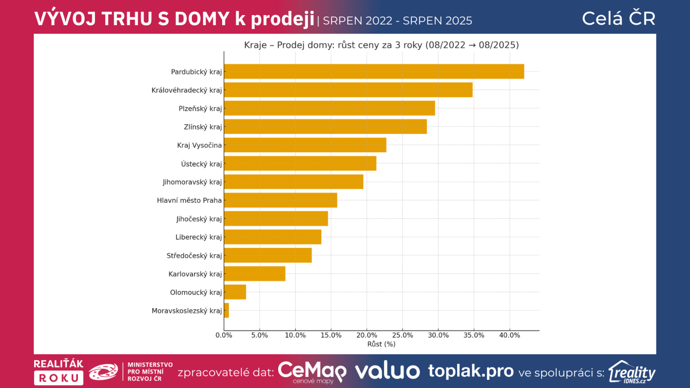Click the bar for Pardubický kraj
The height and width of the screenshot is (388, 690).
(374, 72)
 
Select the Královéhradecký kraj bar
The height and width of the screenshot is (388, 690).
(348, 90)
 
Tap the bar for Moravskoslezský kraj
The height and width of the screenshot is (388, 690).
(226, 310)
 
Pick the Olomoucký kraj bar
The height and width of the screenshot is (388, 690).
(235, 292)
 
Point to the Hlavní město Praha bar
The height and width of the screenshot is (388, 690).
(280, 200)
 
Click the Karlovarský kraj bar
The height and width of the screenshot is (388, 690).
(254, 274)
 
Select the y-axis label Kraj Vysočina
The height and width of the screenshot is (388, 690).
(199, 145)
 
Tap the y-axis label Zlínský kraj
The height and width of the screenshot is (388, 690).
(203, 127)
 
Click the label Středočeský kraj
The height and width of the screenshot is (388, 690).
(194, 256)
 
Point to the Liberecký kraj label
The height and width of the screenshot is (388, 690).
(198, 237)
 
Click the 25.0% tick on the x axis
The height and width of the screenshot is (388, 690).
(402, 335)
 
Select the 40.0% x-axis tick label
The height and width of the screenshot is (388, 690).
(509, 335)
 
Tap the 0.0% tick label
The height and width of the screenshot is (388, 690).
(224, 335)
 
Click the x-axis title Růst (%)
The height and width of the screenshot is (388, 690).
(381, 344)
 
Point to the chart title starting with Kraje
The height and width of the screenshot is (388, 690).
(381, 45)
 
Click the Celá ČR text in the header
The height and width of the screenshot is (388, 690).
(618, 19)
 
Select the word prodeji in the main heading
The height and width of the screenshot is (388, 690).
(282, 19)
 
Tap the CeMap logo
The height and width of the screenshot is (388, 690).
(312, 372)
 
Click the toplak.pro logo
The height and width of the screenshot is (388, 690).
(470, 371)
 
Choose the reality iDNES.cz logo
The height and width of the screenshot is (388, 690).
(632, 372)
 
